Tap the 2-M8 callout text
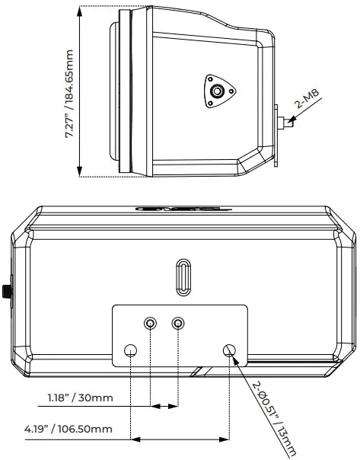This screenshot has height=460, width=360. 307,108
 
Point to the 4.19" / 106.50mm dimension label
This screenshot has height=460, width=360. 68,430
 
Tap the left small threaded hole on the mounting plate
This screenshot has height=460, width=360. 151,324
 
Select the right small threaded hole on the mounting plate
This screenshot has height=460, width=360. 178,324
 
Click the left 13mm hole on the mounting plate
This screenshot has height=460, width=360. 132,350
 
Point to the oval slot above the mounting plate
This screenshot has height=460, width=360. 183,276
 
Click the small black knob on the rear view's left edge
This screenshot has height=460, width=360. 5,290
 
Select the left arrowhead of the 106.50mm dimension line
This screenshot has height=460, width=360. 135,438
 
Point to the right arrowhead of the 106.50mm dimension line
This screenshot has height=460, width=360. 227,438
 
